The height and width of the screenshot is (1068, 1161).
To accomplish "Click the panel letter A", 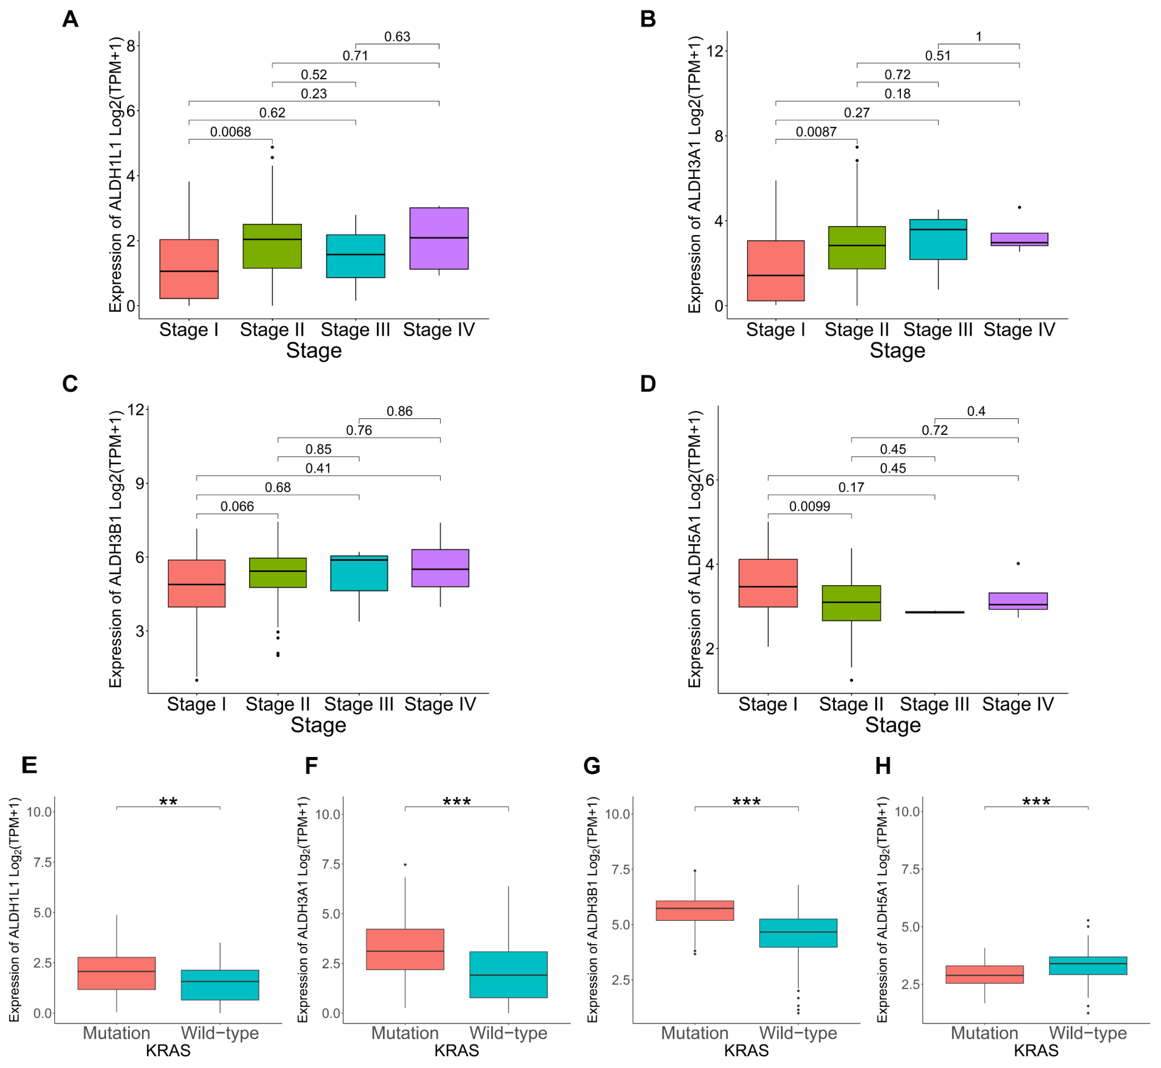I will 70,19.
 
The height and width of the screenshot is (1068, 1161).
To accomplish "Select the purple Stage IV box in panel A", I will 439,238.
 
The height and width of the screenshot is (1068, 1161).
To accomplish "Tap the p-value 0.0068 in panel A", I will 230,132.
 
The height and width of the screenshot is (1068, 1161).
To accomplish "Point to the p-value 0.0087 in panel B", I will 816,132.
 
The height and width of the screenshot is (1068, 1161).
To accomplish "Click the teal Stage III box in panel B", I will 938,239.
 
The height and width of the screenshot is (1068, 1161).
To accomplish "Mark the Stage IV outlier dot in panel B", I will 1019,207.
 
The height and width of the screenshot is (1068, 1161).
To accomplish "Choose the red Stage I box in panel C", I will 197,583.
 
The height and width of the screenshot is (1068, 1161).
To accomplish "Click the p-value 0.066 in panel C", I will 237,506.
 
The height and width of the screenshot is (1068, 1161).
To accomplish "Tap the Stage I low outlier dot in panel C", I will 197,680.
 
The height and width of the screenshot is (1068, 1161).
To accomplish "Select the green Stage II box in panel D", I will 851,603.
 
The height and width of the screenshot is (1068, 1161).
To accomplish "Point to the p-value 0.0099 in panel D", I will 809,506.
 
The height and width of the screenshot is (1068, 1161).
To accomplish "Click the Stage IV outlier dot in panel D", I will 1018,563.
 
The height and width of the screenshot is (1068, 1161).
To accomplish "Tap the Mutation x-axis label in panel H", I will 984,1033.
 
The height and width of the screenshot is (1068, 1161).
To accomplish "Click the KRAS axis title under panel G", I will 746,1050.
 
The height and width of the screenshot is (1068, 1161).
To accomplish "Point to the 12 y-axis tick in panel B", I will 715,51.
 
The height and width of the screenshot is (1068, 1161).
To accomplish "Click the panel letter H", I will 883,766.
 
